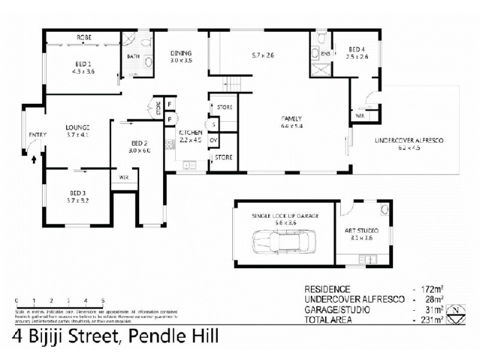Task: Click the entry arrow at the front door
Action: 34,160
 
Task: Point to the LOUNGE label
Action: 77,127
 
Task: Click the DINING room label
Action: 180,53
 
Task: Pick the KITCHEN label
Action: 190,132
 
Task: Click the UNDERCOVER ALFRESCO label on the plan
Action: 409,140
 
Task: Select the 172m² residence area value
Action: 433,289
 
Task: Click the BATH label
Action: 133,56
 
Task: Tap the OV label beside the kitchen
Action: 213,140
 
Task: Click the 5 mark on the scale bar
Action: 103,300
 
